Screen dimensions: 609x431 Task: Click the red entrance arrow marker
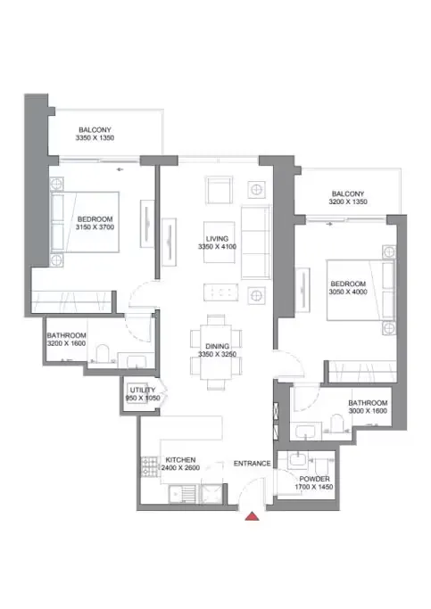pyautogui.click(x=253, y=514)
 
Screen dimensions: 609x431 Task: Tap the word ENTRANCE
pyautogui.click(x=252, y=464)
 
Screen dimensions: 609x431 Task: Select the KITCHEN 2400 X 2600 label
pyautogui.click(x=179, y=465)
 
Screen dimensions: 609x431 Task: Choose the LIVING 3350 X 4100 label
pyautogui.click(x=218, y=243)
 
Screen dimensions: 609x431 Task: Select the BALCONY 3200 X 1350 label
pyautogui.click(x=348, y=198)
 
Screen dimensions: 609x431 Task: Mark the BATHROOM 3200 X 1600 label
pyautogui.click(x=67, y=340)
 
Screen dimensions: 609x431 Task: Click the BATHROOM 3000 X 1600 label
pyautogui.click(x=367, y=407)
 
